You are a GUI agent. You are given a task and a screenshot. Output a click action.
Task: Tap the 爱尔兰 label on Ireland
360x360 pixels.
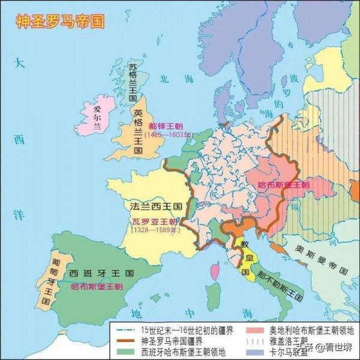(x=98, y=117)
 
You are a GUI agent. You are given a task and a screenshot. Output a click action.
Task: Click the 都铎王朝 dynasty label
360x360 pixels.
(x=166, y=127)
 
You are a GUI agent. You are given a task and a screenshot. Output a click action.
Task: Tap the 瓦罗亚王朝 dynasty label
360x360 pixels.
(x=151, y=221)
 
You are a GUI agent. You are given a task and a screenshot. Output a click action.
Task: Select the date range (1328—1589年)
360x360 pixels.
(x=152, y=229)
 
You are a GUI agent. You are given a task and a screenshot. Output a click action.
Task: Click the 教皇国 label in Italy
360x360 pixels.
(x=245, y=259)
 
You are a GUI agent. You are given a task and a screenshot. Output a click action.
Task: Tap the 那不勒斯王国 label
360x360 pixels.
(x=278, y=285)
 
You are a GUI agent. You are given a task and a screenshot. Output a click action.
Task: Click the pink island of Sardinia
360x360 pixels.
(x=215, y=273)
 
